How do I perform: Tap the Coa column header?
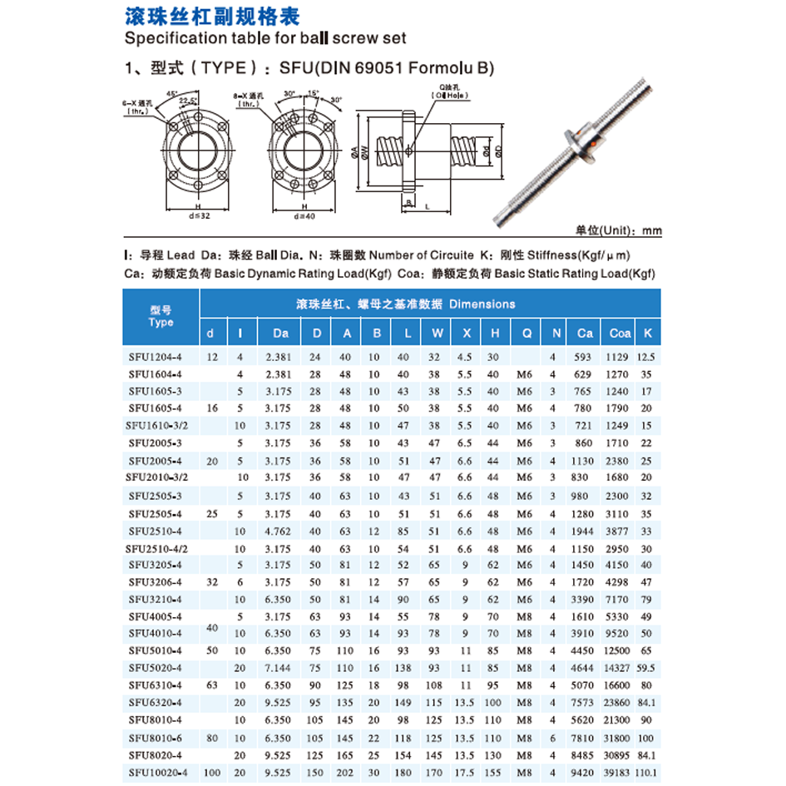pyautogui.click(x=620, y=334)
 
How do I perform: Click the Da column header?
pyautogui.click(x=280, y=334)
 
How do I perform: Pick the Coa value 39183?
pyautogui.click(x=620, y=773)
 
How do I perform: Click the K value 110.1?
pyautogui.click(x=646, y=773)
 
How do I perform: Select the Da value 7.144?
pyautogui.click(x=278, y=667)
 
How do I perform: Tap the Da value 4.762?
pyautogui.click(x=278, y=531)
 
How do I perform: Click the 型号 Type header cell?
pyautogui.click(x=161, y=316)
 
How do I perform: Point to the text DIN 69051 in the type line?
pyautogui.click(x=362, y=68)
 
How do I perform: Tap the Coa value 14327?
pyautogui.click(x=620, y=667)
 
